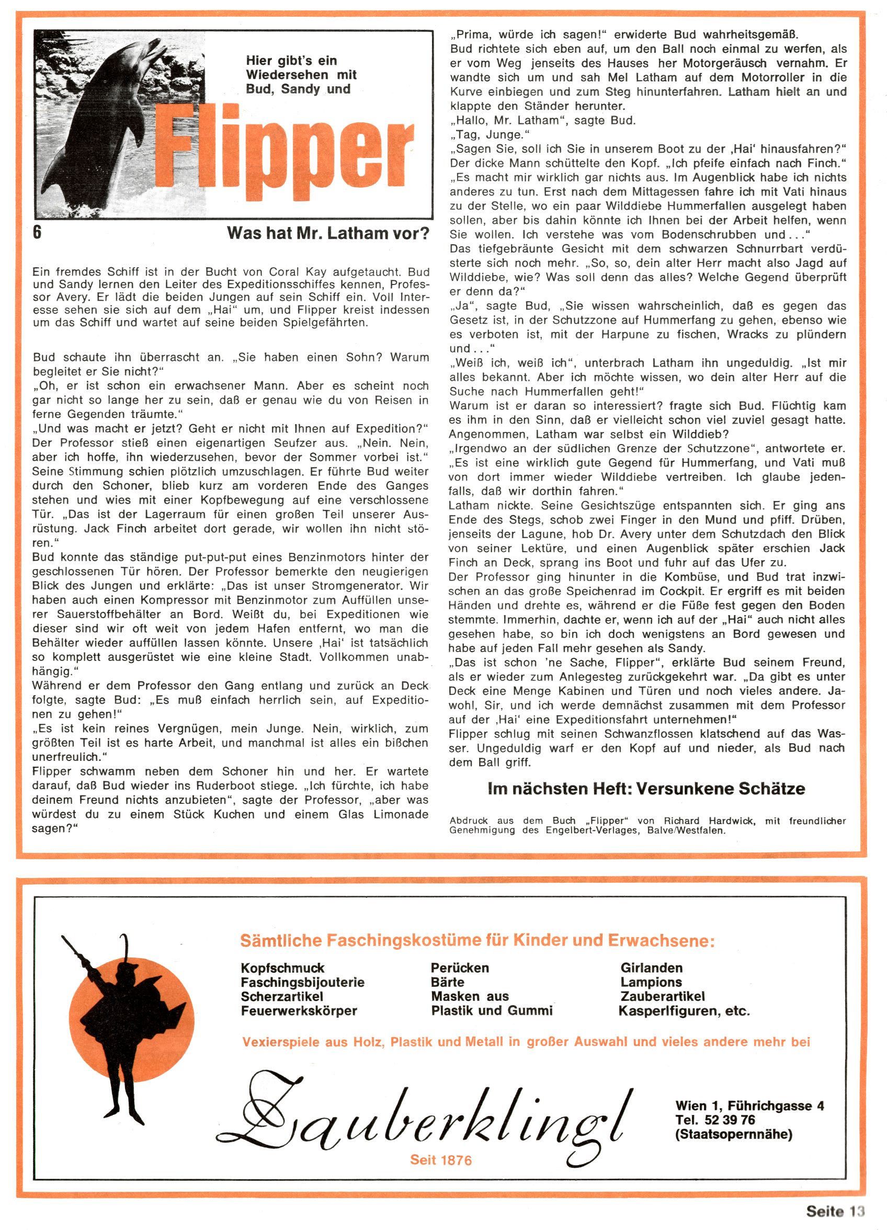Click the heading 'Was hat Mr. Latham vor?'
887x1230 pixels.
click(x=328, y=233)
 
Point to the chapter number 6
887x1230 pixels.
click(x=37, y=232)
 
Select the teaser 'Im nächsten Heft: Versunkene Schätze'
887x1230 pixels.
click(x=646, y=789)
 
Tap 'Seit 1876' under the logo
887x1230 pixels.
click(x=440, y=1160)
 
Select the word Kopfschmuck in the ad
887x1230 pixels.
click(x=282, y=967)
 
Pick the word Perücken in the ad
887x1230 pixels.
click(x=460, y=967)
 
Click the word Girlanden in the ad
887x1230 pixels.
click(x=652, y=967)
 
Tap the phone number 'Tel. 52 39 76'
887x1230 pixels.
click(x=715, y=1119)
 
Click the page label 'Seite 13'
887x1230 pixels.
click(x=835, y=1211)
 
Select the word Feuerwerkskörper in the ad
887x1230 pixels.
click(x=299, y=1010)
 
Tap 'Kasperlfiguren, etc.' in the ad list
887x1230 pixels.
click(x=684, y=1011)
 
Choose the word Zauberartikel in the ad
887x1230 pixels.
click(x=663, y=996)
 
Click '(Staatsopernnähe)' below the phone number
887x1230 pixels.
click(x=733, y=1134)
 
